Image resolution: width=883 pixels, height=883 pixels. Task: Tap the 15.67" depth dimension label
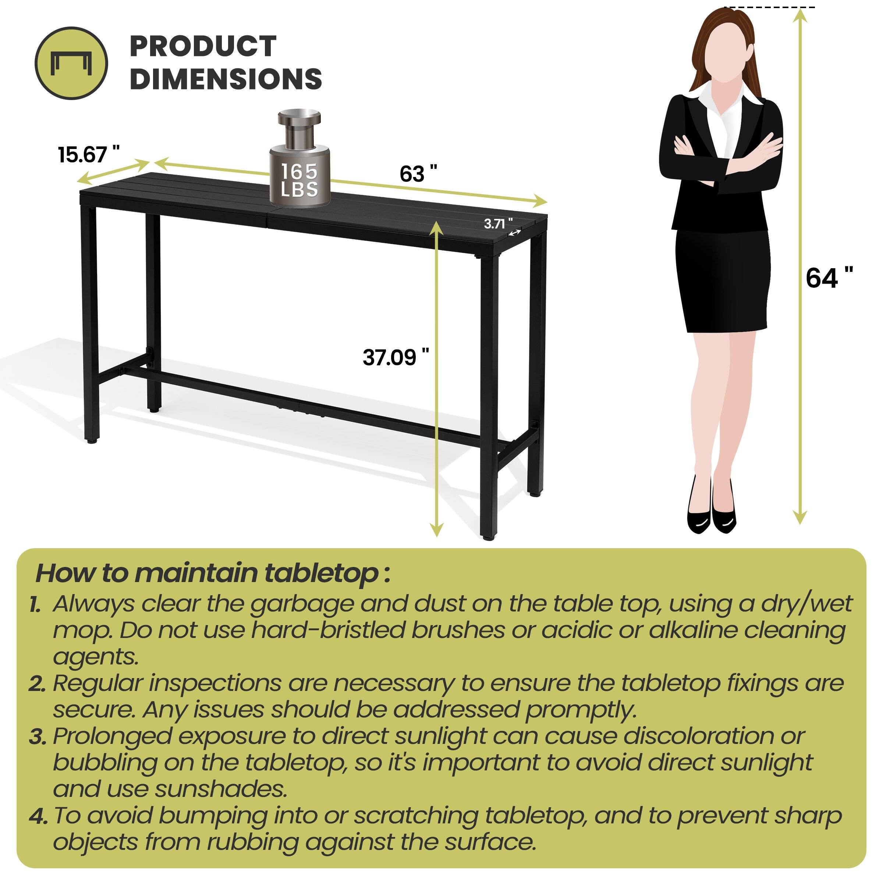88,155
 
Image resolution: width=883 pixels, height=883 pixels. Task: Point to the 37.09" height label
396,357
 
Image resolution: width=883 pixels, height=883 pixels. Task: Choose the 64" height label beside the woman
829,277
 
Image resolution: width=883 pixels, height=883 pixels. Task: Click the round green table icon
71,63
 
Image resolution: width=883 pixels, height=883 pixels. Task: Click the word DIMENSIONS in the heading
226,79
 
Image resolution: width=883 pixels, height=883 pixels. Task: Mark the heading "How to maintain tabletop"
213,573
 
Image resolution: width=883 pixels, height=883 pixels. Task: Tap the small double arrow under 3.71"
515,233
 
